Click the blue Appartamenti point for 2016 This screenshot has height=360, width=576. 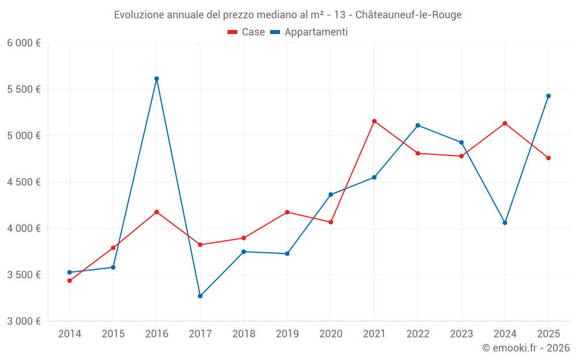(x=157, y=79)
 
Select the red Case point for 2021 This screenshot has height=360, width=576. (x=374, y=121)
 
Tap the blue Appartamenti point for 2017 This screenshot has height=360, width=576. (x=200, y=296)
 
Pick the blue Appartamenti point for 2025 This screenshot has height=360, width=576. (x=548, y=96)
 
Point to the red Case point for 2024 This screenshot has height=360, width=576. (x=505, y=123)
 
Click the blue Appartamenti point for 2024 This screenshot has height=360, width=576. (x=505, y=222)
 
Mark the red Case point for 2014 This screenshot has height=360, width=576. (x=70, y=281)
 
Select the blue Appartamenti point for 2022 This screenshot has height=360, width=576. (x=418, y=125)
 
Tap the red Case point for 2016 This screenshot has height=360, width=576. (x=157, y=212)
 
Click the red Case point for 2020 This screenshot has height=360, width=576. (x=331, y=222)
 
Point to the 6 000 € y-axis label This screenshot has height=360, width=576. (x=24, y=43)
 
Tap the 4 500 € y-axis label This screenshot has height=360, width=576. (x=24, y=182)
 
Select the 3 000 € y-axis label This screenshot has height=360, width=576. (x=24, y=321)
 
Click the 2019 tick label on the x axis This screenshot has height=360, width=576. (x=287, y=334)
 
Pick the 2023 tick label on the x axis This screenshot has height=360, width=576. (x=461, y=334)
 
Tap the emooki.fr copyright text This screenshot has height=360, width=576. (x=525, y=348)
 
